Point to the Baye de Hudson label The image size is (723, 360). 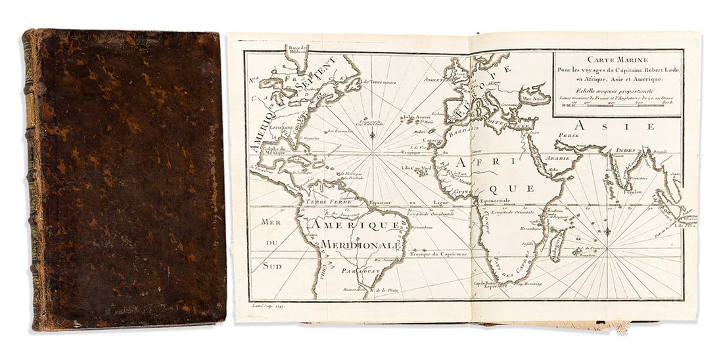click(298, 50)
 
